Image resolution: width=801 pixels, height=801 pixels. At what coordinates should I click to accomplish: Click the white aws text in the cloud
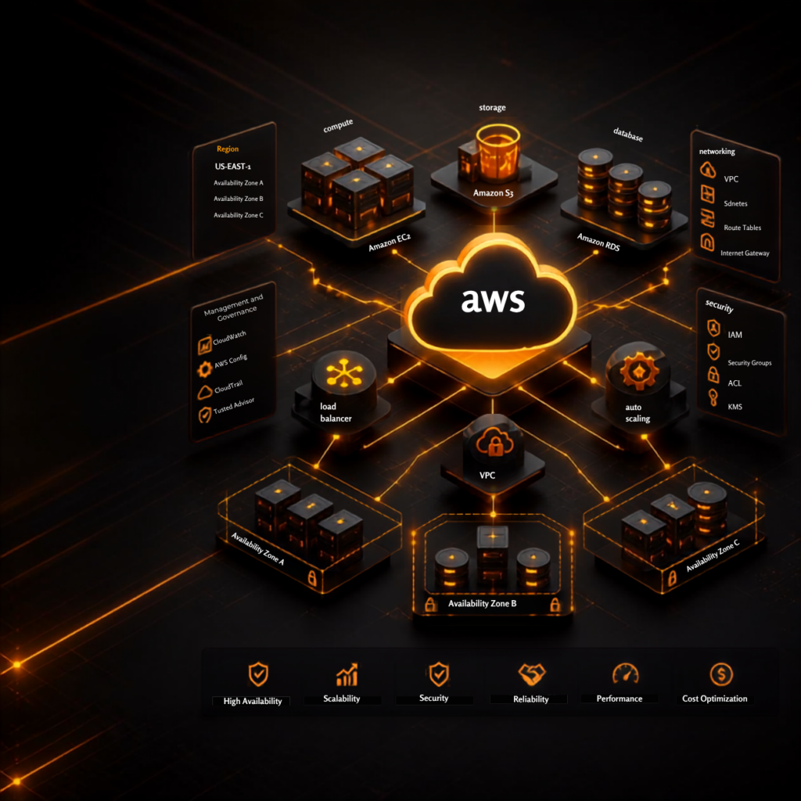click(x=493, y=300)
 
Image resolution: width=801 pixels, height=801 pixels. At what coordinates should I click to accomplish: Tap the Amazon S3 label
click(x=493, y=193)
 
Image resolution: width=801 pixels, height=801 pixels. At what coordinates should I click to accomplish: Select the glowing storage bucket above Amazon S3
click(x=497, y=152)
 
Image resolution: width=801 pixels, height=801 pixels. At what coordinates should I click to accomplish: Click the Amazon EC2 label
click(x=390, y=242)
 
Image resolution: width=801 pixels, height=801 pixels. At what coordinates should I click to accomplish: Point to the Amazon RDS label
click(x=598, y=242)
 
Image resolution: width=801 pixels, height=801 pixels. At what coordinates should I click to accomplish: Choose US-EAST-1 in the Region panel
click(x=232, y=167)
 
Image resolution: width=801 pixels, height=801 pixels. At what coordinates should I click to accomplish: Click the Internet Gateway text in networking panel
click(x=745, y=253)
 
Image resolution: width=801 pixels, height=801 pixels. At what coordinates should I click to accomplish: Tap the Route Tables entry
click(x=742, y=228)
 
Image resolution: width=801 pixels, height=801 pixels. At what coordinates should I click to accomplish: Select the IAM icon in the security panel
click(x=713, y=328)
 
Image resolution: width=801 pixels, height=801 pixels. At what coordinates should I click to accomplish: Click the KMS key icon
click(x=713, y=397)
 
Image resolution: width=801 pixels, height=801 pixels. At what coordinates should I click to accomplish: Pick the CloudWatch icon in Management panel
click(x=204, y=345)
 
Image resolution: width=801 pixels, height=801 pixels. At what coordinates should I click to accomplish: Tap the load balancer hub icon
click(x=344, y=372)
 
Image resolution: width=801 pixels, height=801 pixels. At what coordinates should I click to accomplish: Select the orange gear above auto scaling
click(x=638, y=371)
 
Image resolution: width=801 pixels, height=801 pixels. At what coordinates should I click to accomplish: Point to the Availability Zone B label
click(x=482, y=603)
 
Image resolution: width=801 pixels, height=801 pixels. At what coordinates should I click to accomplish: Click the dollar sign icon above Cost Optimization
click(x=721, y=674)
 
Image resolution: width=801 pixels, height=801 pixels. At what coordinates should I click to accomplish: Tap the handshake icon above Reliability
click(x=532, y=674)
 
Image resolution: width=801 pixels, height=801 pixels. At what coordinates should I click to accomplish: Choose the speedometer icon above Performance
click(x=626, y=673)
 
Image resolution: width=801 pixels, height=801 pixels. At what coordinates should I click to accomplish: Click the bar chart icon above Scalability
click(x=347, y=674)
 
